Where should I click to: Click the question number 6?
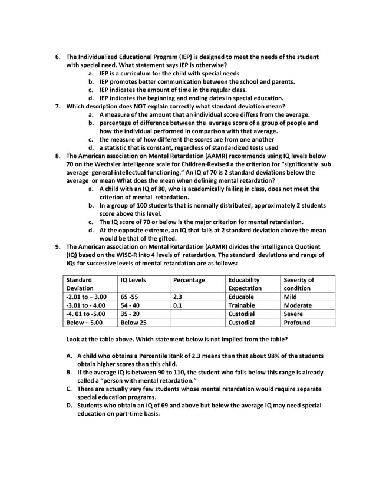pos(58,57)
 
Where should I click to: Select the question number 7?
pos(58,107)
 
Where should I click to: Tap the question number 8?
pos(58,156)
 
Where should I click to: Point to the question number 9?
pos(58,247)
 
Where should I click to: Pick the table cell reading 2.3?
pos(177,297)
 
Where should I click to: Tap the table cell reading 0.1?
pos(177,306)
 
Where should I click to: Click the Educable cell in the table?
pos(241,297)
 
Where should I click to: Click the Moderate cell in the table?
pos(298,306)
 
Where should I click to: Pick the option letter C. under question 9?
pos(69,389)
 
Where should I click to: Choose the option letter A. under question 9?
pos(69,356)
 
